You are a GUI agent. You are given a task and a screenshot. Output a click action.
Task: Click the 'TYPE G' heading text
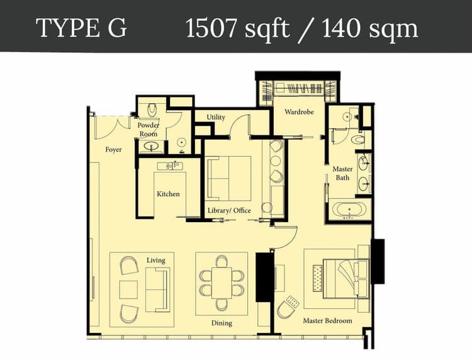81,28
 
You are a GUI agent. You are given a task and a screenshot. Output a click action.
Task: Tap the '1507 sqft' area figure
237,28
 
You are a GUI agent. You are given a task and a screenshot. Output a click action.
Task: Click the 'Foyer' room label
113,150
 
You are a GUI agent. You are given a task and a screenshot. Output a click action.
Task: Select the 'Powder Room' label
149,130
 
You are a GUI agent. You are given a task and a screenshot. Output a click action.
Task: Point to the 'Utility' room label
216,117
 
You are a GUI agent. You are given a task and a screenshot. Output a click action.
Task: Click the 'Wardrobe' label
299,112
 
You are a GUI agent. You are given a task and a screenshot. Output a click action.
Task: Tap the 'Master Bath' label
342,173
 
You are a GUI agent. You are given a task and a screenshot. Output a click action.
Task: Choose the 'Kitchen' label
168,194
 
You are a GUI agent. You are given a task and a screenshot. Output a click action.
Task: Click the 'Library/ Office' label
229,210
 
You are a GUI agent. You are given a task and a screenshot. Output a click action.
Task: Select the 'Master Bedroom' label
327,320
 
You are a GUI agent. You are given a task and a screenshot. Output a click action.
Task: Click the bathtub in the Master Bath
349,210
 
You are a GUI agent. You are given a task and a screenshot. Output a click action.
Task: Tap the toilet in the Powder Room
152,110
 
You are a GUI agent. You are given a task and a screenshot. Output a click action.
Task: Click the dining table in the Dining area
222,283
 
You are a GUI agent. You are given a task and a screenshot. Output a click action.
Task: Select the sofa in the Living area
157,290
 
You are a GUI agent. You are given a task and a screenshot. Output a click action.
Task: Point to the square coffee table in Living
128,290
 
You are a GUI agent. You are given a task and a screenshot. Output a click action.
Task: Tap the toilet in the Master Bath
357,140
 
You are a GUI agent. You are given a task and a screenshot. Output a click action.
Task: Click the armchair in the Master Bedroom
287,307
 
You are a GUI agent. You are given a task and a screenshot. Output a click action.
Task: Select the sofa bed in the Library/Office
229,179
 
